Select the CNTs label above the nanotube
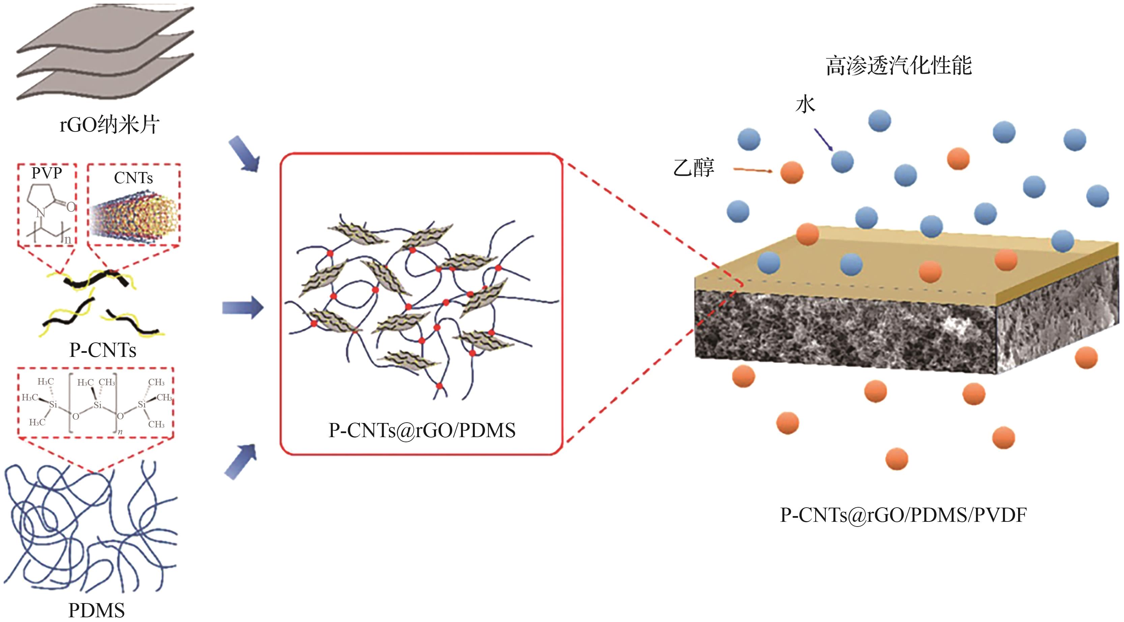pyautogui.click(x=134, y=178)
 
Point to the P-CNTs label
pyautogui.click(x=103, y=350)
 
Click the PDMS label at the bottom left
pyautogui.click(x=96, y=610)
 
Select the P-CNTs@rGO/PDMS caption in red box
pyautogui.click(x=422, y=430)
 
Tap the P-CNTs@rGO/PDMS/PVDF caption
pyautogui.click(x=903, y=515)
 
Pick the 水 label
pyautogui.click(x=805, y=105)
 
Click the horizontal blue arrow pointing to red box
pyautogui.click(x=242, y=308)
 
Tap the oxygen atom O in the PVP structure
pyautogui.click(x=71, y=207)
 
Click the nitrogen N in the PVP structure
pyautogui.click(x=40, y=213)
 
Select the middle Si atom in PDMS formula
pyautogui.click(x=98, y=405)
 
